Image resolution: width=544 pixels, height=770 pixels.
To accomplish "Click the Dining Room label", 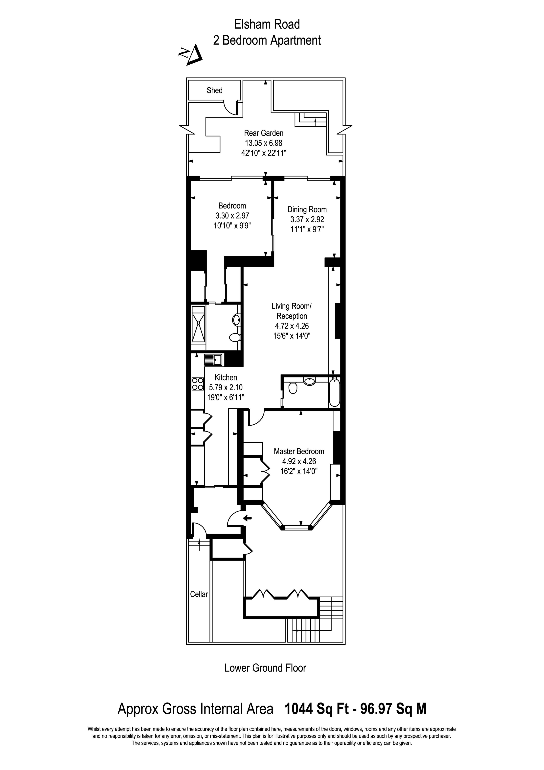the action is pyautogui.click(x=307, y=210).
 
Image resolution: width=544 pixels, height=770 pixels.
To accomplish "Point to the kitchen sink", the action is pyautogui.click(x=213, y=360).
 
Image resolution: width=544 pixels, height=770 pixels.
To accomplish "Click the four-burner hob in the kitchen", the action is pyautogui.click(x=198, y=384).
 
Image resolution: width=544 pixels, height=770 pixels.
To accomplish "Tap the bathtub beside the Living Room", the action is pyautogui.click(x=335, y=392).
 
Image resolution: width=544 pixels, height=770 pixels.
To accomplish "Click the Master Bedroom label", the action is pyautogui.click(x=299, y=451).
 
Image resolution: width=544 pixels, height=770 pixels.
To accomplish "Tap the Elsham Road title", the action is pyautogui.click(x=267, y=24).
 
